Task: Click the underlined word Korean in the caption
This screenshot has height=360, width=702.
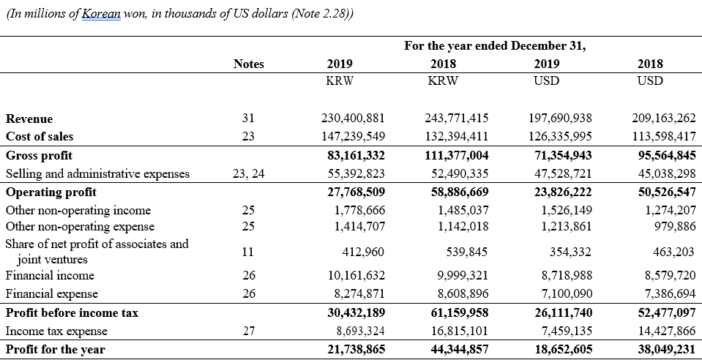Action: coord(101,14)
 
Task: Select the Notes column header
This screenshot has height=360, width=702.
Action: coord(248,64)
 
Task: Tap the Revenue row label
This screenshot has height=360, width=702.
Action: coord(29,119)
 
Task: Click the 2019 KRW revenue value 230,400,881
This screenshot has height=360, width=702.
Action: coord(353,119)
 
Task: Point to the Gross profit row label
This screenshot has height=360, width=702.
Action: coord(39,156)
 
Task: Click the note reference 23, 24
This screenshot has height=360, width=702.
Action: coord(248,173)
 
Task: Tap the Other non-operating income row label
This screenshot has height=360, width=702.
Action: coord(78,211)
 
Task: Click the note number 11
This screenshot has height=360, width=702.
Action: coord(247,252)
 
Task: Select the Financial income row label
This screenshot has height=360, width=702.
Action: coord(50,275)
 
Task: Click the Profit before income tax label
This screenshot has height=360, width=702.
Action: coord(72,313)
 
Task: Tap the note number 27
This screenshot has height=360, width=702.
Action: coord(248,331)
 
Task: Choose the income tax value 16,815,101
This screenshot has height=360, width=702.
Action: coord(456,331)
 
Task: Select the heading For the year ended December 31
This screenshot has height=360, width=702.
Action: coord(495,46)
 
